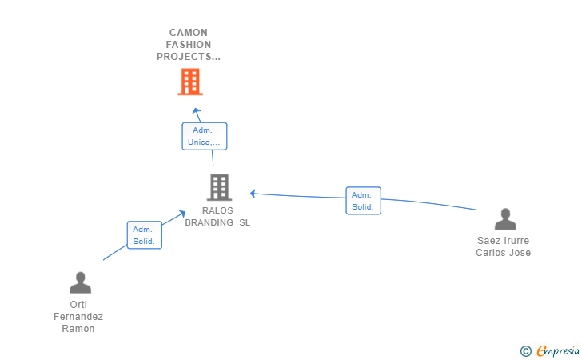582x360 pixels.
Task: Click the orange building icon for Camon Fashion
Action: [190, 82]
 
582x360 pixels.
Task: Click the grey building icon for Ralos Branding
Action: [219, 187]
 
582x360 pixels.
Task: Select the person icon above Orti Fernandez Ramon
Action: [80, 283]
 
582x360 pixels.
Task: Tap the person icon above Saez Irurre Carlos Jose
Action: [504, 219]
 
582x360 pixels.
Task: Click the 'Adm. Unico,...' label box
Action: [205, 136]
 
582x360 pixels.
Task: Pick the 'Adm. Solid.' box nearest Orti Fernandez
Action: [145, 235]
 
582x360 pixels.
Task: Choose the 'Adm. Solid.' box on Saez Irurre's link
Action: [363, 201]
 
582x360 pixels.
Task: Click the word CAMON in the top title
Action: [189, 34]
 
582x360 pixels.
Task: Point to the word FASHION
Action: [189, 46]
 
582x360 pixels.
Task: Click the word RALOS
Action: [217, 211]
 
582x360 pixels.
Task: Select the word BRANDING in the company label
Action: [209, 223]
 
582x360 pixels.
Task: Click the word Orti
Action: [78, 305]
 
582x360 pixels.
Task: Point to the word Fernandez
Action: [78, 317]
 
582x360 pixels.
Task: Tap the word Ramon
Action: [78, 329]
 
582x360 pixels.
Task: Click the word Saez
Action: [488, 241]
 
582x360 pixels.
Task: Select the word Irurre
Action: [516, 241]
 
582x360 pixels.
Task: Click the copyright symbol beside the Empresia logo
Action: [525, 350]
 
